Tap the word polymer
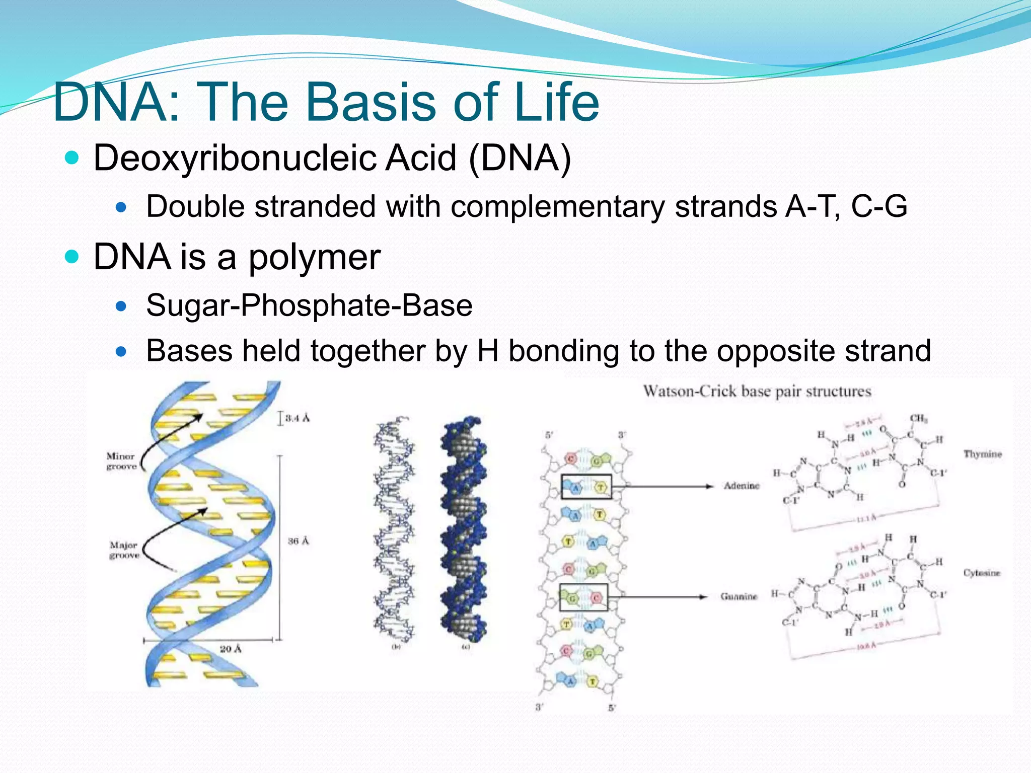[x=315, y=257]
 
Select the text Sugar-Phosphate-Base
[x=309, y=305]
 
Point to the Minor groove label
[x=121, y=461]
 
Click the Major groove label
[x=124, y=550]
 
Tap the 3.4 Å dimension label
[x=297, y=418]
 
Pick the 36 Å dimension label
[x=298, y=541]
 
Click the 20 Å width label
[x=230, y=649]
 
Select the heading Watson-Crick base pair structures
[x=757, y=392]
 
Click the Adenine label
[x=741, y=486]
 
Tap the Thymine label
[x=982, y=454]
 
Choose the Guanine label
[x=739, y=596]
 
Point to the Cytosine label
[x=981, y=573]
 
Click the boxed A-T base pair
[x=586, y=487]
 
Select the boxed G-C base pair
[x=583, y=597]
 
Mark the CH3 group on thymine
[x=918, y=419]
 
